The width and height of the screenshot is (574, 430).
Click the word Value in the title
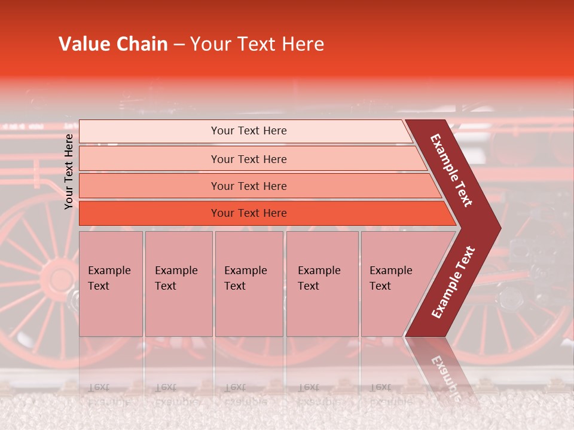click(x=83, y=44)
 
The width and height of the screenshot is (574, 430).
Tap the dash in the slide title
click(x=179, y=45)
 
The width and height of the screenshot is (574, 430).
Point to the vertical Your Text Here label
click(x=69, y=171)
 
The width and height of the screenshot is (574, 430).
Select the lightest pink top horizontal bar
click(x=245, y=131)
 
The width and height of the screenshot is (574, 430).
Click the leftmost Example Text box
click(x=111, y=284)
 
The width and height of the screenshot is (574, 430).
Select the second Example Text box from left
click(x=179, y=284)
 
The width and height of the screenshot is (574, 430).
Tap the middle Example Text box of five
click(x=249, y=284)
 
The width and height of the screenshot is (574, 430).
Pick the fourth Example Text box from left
click(x=322, y=284)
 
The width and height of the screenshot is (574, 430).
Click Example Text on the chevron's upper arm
click(x=451, y=170)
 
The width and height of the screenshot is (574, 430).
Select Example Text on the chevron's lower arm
click(x=453, y=282)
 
